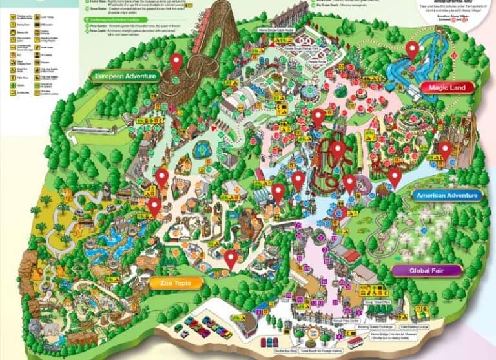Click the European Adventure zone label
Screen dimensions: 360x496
tap(125, 76)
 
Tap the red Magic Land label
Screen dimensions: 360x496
tap(447, 87)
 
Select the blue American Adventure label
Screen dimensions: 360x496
tap(447, 195)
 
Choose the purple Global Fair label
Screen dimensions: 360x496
tap(426, 270)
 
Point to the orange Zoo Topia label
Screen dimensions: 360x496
tap(176, 283)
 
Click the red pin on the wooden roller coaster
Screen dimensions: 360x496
tap(176, 62)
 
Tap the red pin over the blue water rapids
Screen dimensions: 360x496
tap(413, 49)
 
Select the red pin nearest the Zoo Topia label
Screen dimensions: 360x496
tap(231, 259)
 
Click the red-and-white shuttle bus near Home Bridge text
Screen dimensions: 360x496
tap(356, 341)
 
